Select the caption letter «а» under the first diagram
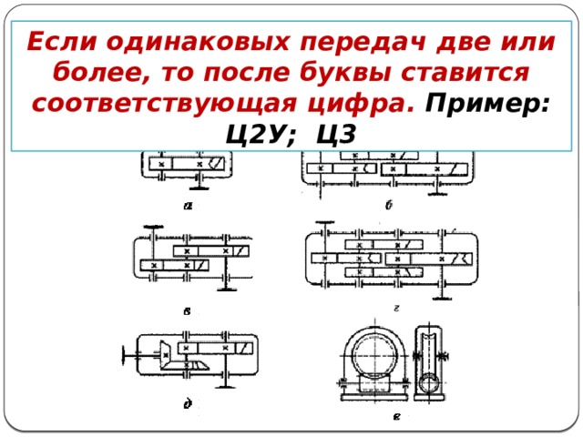point(187,205)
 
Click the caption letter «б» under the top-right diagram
point(388,205)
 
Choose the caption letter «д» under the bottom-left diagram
point(187,404)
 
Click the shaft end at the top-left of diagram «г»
point(318,224)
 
